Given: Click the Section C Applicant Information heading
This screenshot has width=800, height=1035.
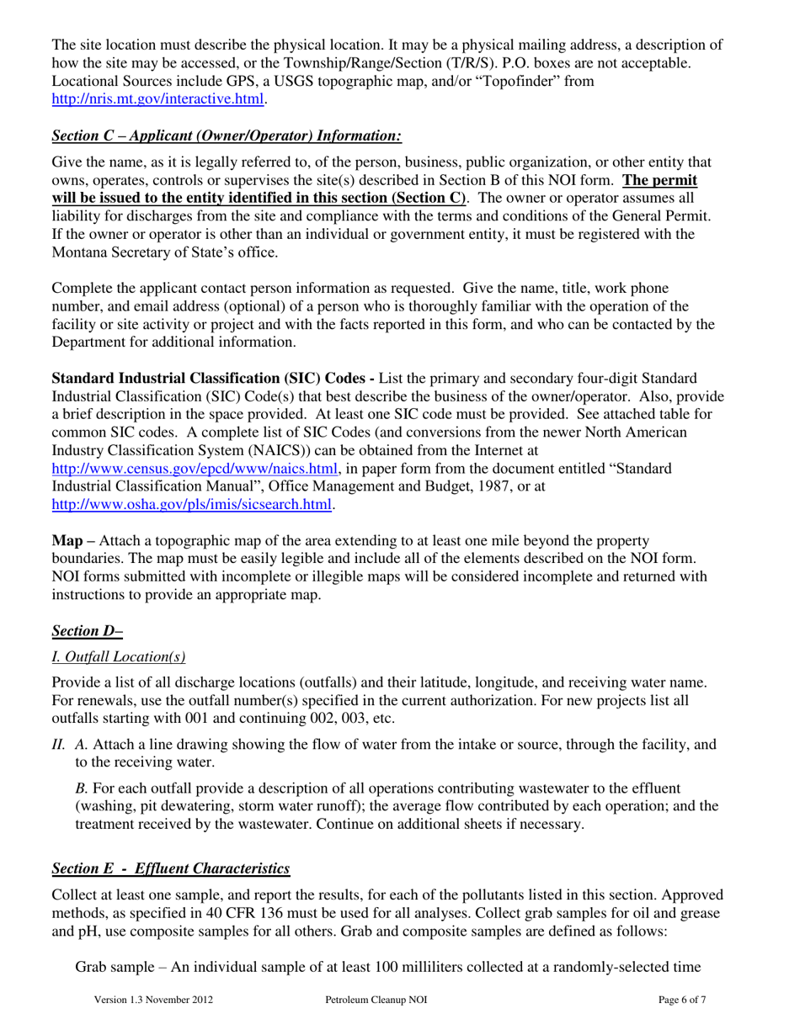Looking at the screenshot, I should (x=227, y=135).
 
